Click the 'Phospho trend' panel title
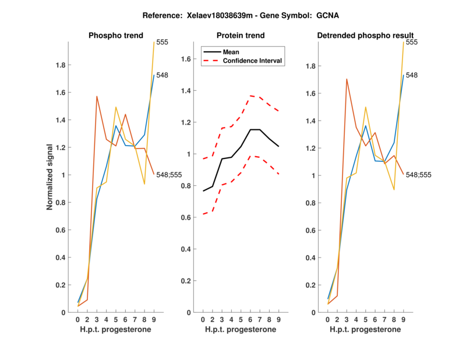115,36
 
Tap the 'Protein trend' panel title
241,36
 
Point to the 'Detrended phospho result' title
366,36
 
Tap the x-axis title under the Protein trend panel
241,329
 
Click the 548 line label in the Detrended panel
412,75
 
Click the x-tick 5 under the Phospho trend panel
116,319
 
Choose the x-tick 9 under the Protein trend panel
278,319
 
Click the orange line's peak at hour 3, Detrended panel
347,79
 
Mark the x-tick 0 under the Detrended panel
328,319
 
